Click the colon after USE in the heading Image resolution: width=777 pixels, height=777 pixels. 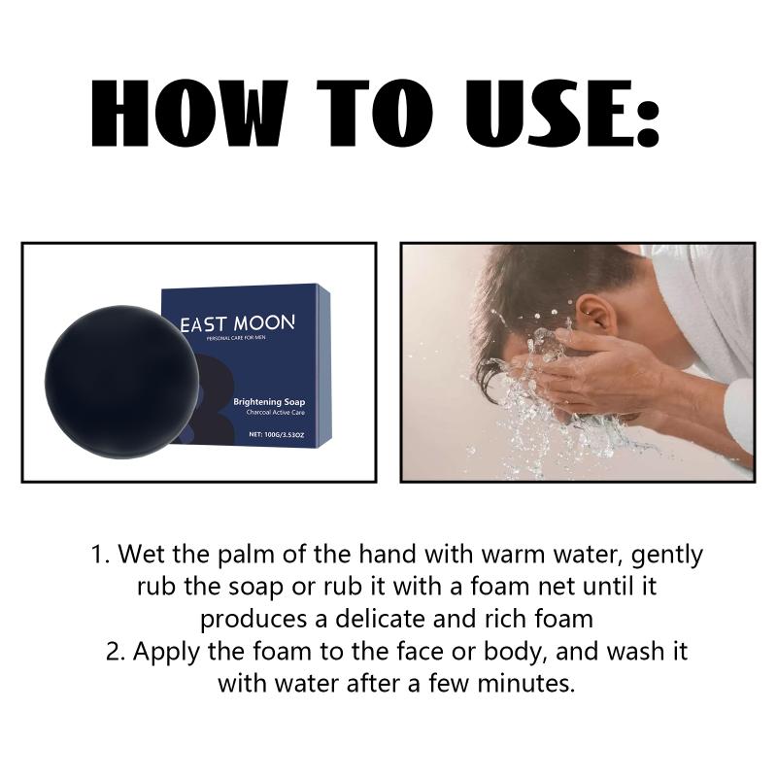(x=648, y=122)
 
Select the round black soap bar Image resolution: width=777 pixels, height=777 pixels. (x=122, y=382)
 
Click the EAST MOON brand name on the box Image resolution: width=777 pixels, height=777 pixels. (x=237, y=323)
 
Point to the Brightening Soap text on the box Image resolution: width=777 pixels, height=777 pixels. (x=269, y=402)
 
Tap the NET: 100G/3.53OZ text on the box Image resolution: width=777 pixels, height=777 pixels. (x=277, y=434)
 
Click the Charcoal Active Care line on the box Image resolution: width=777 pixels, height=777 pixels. (x=276, y=412)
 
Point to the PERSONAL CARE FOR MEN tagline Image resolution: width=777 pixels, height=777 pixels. (x=236, y=338)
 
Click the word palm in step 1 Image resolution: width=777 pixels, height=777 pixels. (x=246, y=555)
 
